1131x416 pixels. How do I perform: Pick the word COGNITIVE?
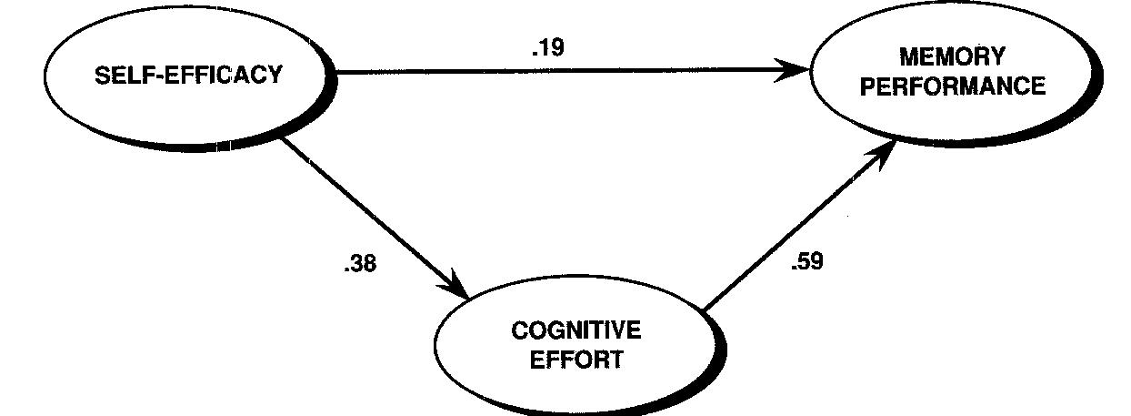click(x=576, y=330)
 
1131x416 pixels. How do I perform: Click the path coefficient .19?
click(x=547, y=48)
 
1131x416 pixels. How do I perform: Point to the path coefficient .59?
click(x=807, y=263)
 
